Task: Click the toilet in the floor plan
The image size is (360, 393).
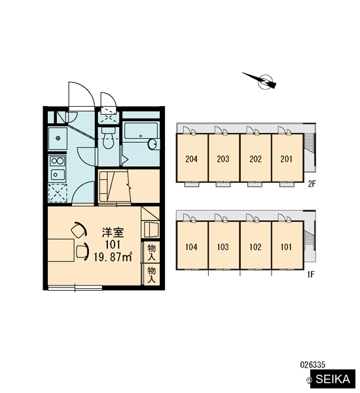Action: coord(108,138)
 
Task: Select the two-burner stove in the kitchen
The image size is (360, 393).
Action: coord(57,161)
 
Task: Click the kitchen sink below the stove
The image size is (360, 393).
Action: coord(58,174)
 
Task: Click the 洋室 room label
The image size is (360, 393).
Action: coord(113,233)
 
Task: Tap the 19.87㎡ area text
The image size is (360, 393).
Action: coord(113,257)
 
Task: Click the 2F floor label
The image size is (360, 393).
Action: coord(312,184)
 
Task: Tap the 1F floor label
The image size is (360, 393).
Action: coord(311,274)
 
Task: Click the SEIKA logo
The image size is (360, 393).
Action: coord(333,379)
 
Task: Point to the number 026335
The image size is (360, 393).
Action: coord(312,364)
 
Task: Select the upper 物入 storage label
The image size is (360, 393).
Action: coord(151,252)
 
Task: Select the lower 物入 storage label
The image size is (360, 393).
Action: coord(151,274)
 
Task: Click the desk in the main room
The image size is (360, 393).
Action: coord(61,250)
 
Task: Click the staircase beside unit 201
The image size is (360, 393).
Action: coord(309,143)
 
